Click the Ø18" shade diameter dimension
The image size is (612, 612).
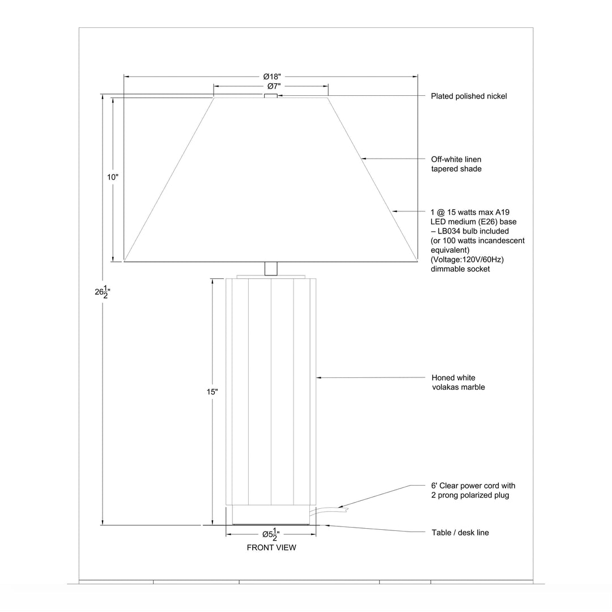271,76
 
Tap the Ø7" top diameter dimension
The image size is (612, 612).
274,86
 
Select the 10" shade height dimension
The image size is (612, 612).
113,177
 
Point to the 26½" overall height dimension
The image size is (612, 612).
103,292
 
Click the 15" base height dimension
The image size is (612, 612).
212,392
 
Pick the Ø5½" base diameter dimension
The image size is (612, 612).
271,534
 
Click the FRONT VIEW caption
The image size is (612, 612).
271,547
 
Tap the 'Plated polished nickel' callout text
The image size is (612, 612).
469,96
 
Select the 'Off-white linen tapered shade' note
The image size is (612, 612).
456,164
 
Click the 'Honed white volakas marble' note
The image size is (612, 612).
458,382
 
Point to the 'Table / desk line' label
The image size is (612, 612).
460,532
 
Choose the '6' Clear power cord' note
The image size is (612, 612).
473,490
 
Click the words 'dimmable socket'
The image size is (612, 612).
460,269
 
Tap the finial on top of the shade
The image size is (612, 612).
271,96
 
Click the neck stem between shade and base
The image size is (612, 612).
271,269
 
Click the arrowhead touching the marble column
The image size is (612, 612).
318,378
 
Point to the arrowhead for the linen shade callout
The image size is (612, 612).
364,159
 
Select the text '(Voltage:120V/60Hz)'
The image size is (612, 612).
467,260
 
